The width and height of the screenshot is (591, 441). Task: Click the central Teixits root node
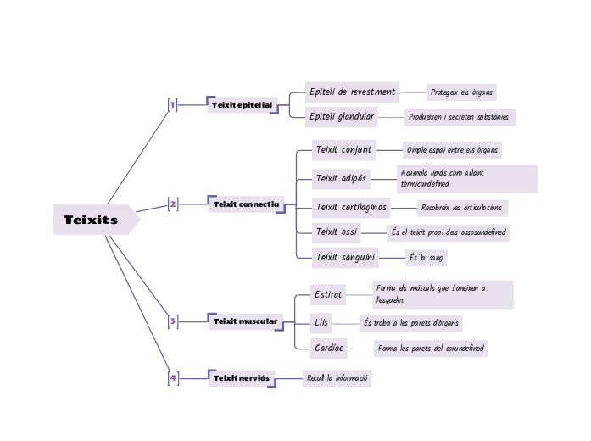coord(92,220)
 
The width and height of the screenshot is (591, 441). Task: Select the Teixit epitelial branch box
coord(243,105)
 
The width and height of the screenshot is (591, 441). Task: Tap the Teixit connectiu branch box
coord(246,204)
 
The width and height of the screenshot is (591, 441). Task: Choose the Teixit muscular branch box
coord(245,321)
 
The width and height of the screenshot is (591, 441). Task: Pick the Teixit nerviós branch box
coord(242,378)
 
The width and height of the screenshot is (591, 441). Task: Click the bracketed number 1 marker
coord(173,105)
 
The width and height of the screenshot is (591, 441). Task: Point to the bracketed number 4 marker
coord(173,378)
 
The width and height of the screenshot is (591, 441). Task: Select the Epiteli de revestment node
coord(352,92)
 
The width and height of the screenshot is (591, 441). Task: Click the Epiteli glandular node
coord(341,116)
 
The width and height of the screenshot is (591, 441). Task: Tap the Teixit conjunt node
coord(343,150)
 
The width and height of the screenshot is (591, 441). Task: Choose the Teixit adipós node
coord(341,179)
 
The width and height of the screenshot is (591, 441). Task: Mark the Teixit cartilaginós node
coord(351,207)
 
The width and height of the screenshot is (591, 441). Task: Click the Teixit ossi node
coord(337,232)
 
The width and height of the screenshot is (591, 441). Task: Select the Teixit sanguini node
coord(345,257)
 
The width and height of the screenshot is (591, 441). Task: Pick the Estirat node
coord(327,295)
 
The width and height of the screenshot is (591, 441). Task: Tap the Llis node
coord(321,323)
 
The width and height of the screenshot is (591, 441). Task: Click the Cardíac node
coord(329,349)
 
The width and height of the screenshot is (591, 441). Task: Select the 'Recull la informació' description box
coord(337,378)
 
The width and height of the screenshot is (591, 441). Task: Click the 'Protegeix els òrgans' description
coord(461,92)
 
